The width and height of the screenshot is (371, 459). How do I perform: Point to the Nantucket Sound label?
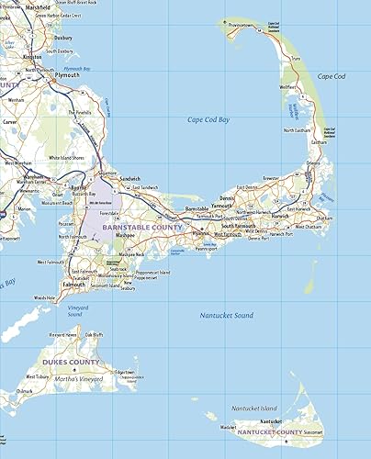(x=226, y=315)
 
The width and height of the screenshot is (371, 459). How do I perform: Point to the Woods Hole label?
(x=45, y=297)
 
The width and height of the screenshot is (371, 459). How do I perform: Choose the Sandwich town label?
(x=130, y=178)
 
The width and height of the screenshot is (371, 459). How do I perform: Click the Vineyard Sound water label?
(x=75, y=310)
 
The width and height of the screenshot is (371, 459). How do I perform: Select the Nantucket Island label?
(x=253, y=408)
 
